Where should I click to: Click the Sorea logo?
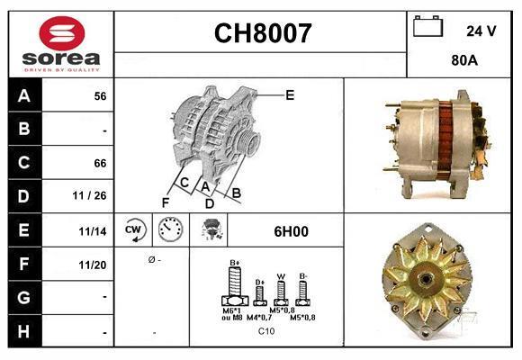pos(61,44)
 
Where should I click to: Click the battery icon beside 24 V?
pos(428,28)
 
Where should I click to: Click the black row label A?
pos(24,95)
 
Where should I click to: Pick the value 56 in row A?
pos(100,96)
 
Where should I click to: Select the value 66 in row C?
pos(100,163)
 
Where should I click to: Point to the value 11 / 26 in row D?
pos(94,196)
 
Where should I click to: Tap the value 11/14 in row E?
pos(93,231)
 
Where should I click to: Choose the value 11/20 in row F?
pos(93,265)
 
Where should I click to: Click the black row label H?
pos(24,332)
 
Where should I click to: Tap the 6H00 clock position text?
pos(291,231)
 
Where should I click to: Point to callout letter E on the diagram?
pos(290,94)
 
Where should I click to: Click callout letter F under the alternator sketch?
pos(166,202)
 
